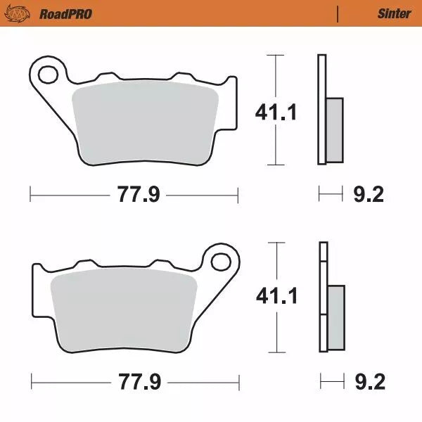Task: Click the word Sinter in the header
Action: (x=394, y=13)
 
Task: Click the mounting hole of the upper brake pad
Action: (x=49, y=73)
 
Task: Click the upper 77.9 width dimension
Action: (x=134, y=195)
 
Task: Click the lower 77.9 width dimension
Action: (x=136, y=383)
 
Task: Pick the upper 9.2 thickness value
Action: (x=367, y=195)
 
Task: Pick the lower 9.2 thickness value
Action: (x=367, y=383)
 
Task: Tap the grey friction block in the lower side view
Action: (x=337, y=316)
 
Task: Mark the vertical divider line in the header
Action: (x=338, y=13)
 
